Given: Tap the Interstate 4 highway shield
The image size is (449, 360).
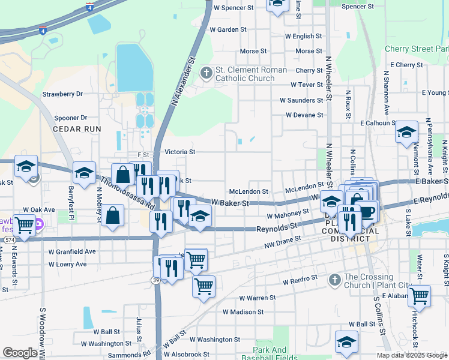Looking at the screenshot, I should (x=89, y=8).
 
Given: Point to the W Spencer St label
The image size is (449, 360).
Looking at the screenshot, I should (x=234, y=8).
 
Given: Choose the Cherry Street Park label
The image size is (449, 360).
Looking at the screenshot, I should (x=416, y=49).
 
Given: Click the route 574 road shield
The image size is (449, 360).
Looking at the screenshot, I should (x=9, y=239).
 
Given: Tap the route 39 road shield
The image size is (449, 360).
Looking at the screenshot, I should (x=156, y=280).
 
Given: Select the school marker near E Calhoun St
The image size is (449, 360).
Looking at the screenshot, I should (x=406, y=132).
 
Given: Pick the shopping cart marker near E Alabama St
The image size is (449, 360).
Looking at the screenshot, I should (x=419, y=296).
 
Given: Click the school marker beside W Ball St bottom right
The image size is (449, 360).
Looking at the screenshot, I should (x=346, y=341).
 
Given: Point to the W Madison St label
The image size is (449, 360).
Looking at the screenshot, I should (x=243, y=312).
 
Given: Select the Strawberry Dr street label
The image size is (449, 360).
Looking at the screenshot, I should (x=62, y=94).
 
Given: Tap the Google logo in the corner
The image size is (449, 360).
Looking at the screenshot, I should (x=20, y=353).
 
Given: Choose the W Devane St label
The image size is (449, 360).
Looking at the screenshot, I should (x=304, y=115).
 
